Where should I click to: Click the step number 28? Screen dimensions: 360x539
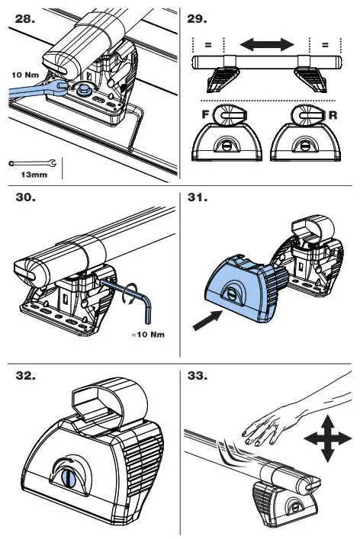point(25,19)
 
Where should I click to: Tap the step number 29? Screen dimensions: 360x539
point(197,19)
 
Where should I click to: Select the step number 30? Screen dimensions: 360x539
point(25,197)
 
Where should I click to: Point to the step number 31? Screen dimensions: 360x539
point(198,197)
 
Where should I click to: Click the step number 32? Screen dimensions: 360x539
point(25,375)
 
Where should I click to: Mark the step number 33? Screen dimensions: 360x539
point(198,375)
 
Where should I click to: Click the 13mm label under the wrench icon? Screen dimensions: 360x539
point(34,175)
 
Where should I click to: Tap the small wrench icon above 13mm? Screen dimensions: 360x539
point(32,163)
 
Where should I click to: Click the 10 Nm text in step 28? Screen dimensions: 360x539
point(25,75)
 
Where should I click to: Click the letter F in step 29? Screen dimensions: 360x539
point(205,114)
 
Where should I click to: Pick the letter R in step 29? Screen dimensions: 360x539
point(333,115)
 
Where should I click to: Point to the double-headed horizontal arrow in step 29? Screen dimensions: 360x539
point(267,45)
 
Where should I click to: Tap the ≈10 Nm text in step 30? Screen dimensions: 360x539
point(148,334)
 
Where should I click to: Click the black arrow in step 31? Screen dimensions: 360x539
point(207,320)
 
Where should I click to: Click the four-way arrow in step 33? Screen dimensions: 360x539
point(328,438)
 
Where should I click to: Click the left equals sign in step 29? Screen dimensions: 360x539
point(208,45)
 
